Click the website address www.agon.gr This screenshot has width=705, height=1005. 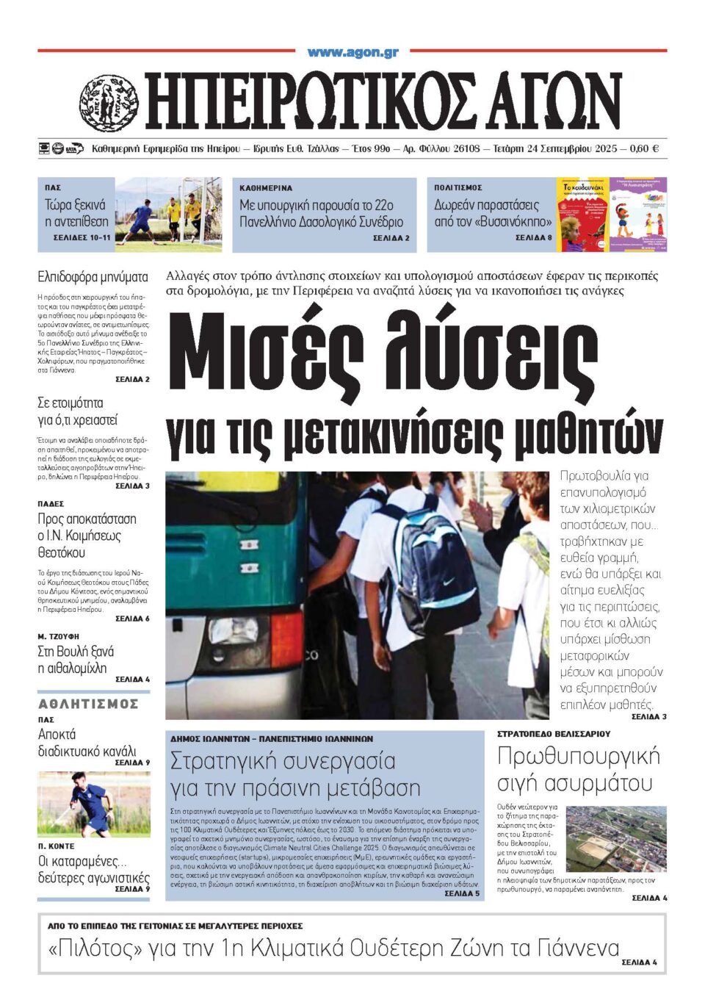coord(352,52)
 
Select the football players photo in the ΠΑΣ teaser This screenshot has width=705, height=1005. coord(168,214)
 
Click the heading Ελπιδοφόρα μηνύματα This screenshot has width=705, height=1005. coord(93,277)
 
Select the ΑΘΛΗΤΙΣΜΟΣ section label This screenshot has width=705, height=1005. coord(88,704)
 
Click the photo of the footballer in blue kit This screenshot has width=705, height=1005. coord(93,804)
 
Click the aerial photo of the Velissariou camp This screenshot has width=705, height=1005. coord(617,838)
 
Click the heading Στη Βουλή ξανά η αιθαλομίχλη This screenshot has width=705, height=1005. coord(76,660)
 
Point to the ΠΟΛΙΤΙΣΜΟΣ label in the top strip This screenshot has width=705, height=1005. coord(458,188)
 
